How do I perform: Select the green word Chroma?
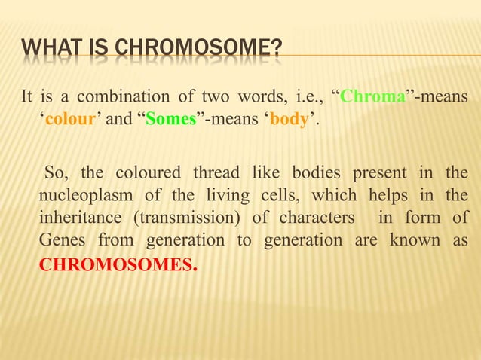(x=370, y=98)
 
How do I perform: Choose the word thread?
(x=213, y=175)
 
